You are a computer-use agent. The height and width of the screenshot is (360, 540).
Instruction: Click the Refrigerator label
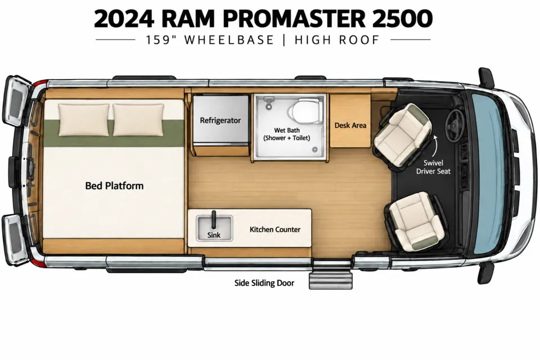[220, 120]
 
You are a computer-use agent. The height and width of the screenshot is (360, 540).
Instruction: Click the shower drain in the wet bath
[315, 150]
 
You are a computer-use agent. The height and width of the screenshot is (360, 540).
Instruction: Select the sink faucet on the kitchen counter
[214, 220]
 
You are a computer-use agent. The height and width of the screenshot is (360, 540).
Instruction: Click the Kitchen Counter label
[275, 229]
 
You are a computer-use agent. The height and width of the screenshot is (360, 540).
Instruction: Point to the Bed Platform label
[114, 186]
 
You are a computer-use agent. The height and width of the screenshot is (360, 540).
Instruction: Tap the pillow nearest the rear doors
[84, 120]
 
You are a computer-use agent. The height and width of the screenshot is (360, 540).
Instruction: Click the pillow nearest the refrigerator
[138, 120]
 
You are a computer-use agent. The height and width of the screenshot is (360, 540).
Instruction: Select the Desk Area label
[350, 125]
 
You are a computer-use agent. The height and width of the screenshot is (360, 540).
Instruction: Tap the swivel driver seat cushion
[402, 135]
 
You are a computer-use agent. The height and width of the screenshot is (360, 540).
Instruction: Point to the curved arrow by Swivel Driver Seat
[435, 146]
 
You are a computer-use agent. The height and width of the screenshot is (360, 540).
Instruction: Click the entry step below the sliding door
[331, 281]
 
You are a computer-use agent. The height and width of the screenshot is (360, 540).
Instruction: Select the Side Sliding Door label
[264, 283]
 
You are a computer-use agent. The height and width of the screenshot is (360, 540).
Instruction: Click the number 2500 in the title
[402, 19]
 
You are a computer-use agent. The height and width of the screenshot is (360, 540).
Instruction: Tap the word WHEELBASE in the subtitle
[229, 40]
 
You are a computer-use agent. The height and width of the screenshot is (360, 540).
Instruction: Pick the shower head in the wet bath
[269, 103]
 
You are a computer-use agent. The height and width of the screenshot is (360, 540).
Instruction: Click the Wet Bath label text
[287, 134]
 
